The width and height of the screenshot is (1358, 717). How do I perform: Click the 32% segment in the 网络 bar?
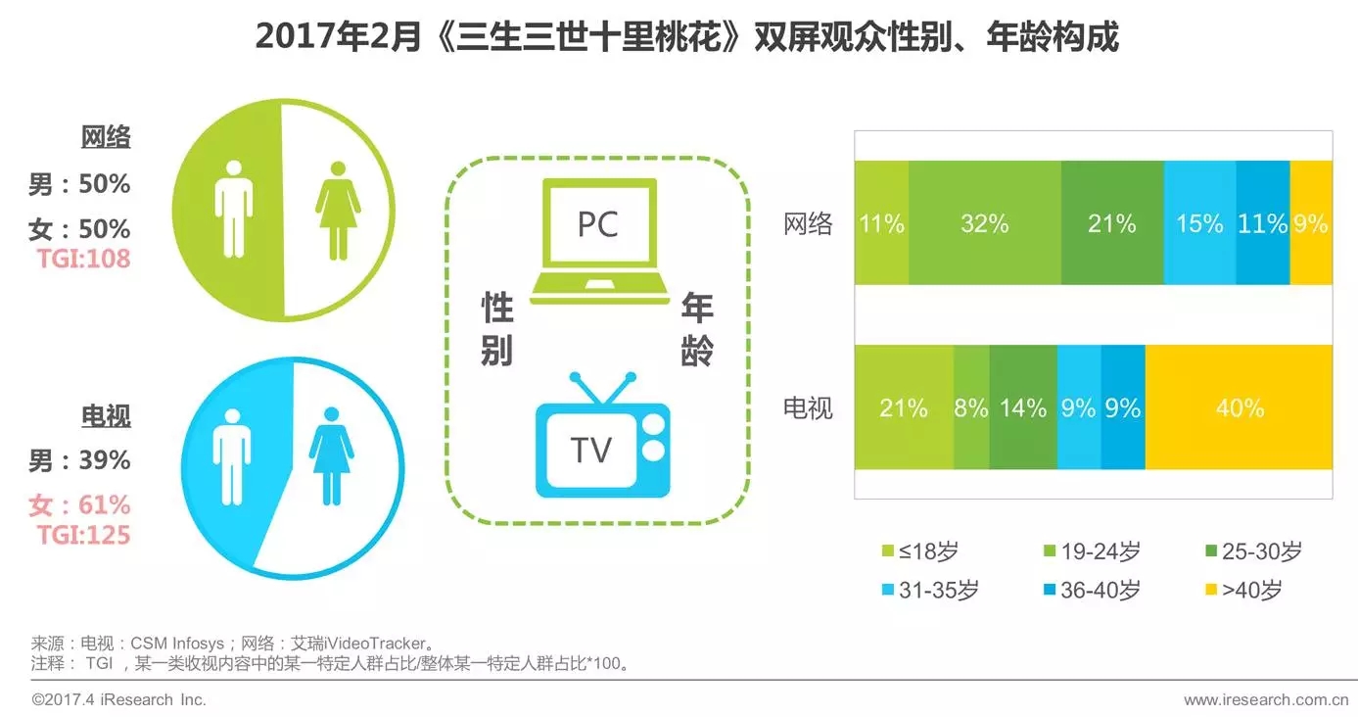point(985,222)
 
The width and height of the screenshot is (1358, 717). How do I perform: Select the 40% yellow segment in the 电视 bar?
point(1239,407)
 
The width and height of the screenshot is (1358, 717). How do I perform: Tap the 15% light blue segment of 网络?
point(1199,222)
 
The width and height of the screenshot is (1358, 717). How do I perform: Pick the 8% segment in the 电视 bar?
point(971,407)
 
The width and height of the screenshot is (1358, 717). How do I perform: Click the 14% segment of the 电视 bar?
point(1023,407)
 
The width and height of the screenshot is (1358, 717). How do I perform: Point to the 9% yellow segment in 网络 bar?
point(1311,222)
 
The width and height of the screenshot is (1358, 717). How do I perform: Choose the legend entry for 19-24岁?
point(1092,551)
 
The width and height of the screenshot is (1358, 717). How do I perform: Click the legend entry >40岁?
point(1243,590)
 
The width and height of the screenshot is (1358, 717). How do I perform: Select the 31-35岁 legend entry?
point(930,590)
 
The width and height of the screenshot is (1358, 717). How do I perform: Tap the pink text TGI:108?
point(83,259)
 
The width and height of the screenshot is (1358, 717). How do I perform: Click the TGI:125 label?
point(83,535)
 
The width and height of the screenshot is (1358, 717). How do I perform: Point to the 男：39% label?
point(79,460)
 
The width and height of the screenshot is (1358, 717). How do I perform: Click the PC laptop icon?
point(599,241)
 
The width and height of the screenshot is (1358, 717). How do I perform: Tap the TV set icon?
point(602,435)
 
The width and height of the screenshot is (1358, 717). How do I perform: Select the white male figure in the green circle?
point(234,209)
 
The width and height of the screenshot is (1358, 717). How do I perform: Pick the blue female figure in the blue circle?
point(331,456)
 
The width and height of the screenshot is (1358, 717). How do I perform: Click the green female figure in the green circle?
point(338,211)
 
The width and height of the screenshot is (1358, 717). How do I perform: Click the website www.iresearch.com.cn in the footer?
point(1266,699)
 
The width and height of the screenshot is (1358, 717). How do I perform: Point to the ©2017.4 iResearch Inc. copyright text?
point(118,699)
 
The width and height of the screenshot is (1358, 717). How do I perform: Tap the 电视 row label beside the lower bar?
point(808,407)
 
